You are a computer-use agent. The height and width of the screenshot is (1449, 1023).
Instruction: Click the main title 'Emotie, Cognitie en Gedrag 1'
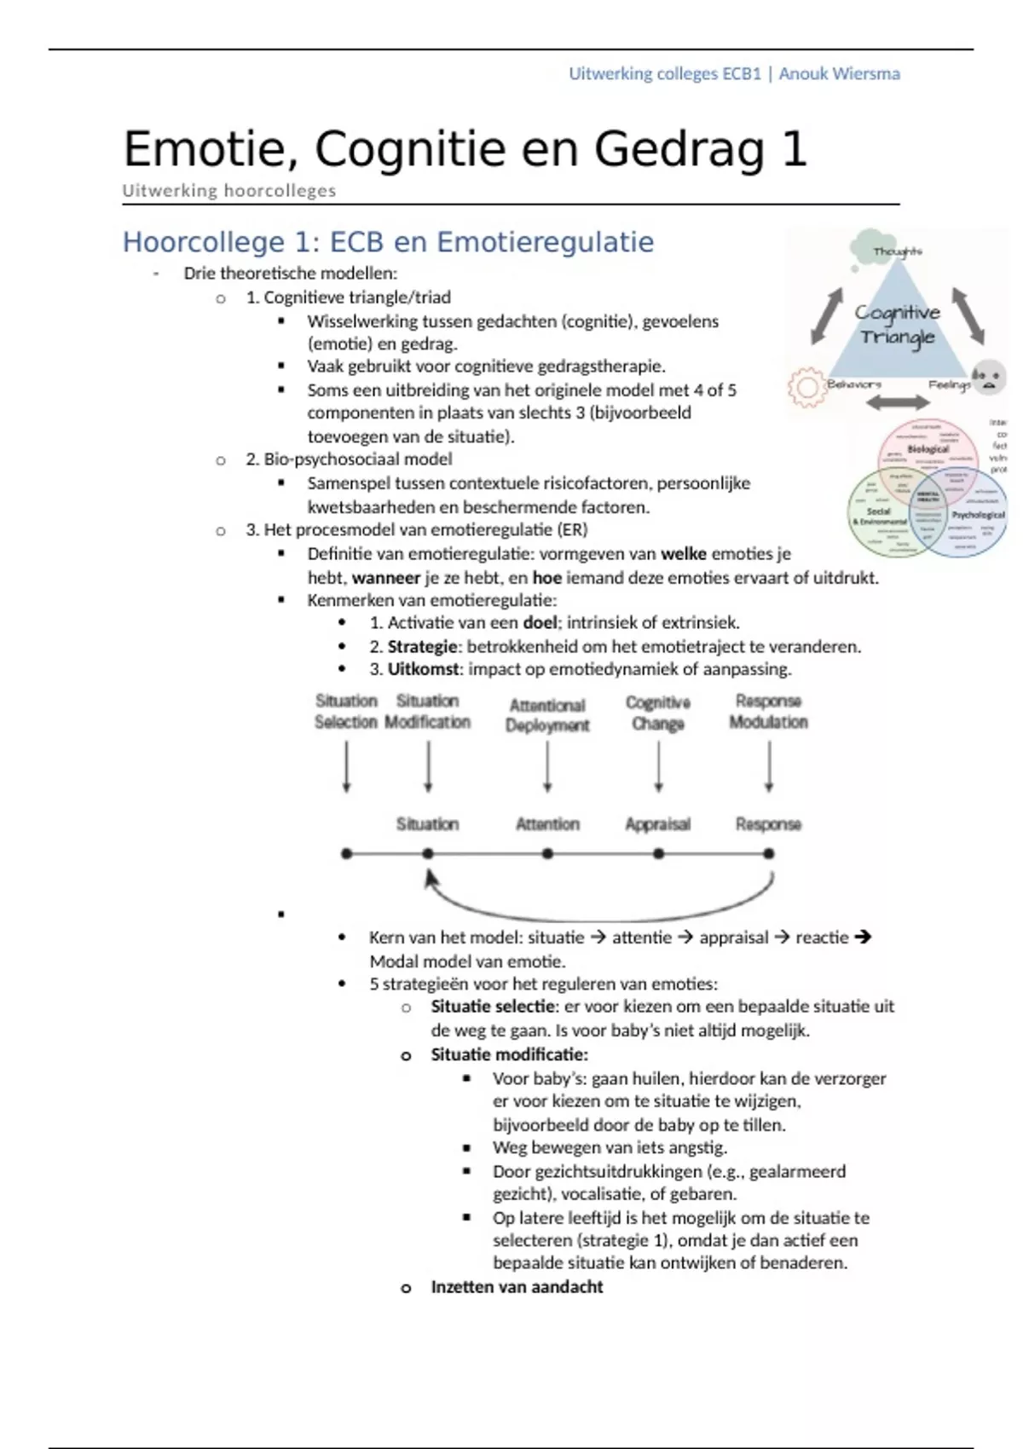[465, 149]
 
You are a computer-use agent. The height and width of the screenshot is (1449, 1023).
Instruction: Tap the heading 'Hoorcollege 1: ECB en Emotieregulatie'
[388, 242]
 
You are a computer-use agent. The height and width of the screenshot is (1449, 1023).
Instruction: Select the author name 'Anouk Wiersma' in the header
[839, 73]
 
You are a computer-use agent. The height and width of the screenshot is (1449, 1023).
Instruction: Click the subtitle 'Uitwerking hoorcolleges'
[228, 191]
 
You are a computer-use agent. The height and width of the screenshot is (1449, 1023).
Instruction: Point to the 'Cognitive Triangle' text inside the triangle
[897, 325]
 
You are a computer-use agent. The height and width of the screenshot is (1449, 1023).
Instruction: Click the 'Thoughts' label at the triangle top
[897, 251]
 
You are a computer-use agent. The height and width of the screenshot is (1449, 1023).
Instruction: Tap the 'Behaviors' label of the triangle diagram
[853, 384]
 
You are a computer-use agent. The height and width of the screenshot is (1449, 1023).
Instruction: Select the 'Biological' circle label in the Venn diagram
[928, 448]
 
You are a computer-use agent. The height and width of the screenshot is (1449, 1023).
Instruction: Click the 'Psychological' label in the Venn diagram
[978, 515]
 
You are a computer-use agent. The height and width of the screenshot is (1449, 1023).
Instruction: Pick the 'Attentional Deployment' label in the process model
[547, 715]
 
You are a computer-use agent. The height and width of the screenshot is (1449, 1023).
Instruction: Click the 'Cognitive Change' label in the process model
[657, 713]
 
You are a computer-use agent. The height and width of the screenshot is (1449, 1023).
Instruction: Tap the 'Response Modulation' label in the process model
[768, 711]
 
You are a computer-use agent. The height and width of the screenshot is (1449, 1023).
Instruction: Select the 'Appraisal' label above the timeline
[657, 824]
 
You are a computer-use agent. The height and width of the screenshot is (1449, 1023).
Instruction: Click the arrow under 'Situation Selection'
[346, 766]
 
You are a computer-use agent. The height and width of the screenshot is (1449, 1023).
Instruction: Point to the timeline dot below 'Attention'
[547, 853]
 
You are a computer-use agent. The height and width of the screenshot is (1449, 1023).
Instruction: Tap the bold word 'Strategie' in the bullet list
[422, 646]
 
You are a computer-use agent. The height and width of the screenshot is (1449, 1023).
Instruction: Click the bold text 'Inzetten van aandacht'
[517, 1287]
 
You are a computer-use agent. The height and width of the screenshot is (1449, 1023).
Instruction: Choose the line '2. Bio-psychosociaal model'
[349, 459]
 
